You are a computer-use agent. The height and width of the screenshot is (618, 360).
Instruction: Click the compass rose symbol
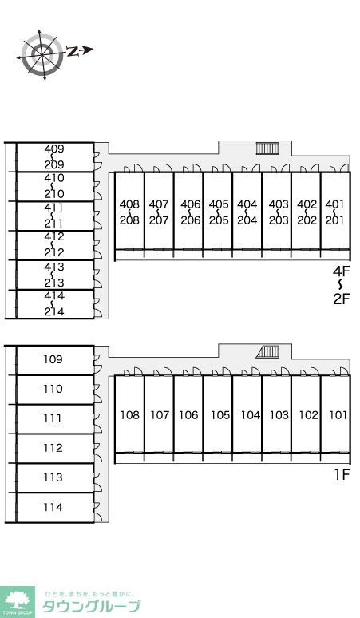point(42,54)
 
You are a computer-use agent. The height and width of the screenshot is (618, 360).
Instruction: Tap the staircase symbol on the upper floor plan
point(268,149)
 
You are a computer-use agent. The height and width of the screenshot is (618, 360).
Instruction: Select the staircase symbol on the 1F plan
point(268,351)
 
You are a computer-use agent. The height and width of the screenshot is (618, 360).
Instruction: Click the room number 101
point(338,415)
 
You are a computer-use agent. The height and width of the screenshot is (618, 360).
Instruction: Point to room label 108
point(129,415)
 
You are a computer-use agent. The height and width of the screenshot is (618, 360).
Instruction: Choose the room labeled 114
point(53,507)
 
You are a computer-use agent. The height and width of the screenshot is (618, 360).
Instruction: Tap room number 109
point(53,359)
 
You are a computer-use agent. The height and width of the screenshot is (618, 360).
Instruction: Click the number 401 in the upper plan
point(334,204)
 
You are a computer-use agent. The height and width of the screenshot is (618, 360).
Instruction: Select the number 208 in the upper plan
point(129,220)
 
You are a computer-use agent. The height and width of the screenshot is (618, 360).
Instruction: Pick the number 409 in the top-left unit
point(54,149)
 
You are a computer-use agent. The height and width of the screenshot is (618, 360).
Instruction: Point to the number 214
point(54,311)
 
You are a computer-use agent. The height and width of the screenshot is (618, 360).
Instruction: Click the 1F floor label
point(342,475)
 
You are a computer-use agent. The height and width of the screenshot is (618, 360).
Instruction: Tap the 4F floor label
point(341,271)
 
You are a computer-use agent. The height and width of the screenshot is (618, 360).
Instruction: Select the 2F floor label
point(341,299)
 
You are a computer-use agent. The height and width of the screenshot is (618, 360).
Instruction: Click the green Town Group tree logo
point(18,601)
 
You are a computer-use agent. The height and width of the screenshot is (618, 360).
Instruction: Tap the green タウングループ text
point(91,606)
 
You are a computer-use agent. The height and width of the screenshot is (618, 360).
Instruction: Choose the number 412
point(54,237)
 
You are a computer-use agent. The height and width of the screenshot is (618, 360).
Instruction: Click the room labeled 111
point(53,418)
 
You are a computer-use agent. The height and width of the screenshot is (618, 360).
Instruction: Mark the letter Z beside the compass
point(72,51)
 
